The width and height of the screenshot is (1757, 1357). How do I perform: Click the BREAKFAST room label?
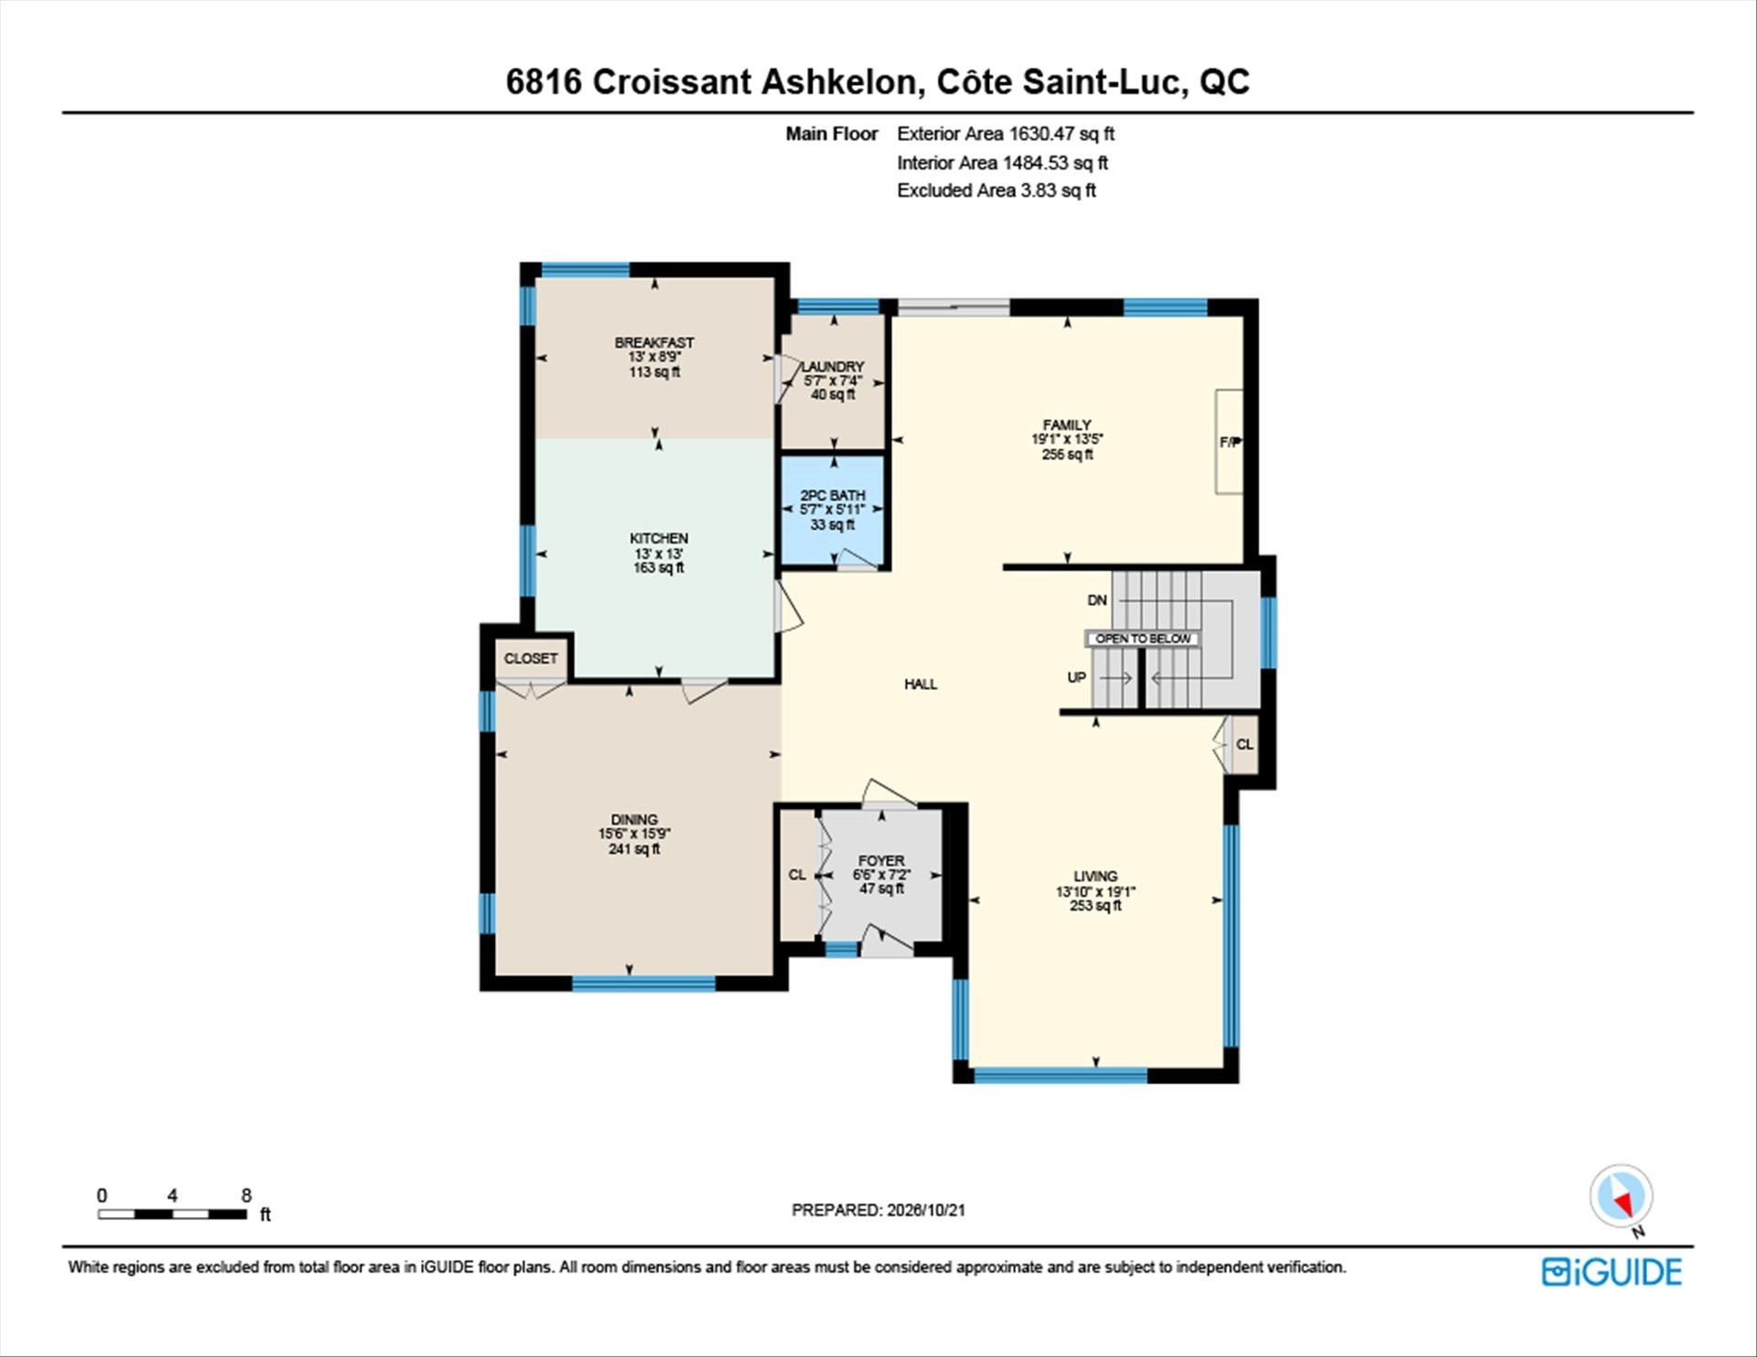tap(654, 343)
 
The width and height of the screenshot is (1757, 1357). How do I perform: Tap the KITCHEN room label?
tap(659, 539)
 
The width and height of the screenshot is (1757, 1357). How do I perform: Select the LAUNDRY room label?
tap(834, 367)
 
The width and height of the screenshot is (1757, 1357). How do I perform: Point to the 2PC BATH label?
tap(833, 496)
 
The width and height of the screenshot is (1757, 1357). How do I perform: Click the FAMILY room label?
tap(1067, 425)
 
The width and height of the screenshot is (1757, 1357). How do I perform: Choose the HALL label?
tap(921, 684)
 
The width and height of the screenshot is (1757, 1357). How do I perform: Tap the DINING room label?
tap(634, 820)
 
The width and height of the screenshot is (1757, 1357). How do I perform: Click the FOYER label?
tap(881, 861)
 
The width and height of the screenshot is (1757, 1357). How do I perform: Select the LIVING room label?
tap(1095, 877)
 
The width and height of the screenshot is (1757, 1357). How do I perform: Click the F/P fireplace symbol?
tap(1229, 442)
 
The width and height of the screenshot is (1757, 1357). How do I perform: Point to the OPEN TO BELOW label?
tap(1143, 639)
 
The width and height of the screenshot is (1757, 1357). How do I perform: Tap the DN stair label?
tap(1097, 600)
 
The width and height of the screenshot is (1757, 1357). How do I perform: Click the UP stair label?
tap(1077, 678)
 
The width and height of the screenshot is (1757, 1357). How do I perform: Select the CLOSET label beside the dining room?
tap(531, 659)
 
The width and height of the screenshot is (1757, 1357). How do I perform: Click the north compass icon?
tap(1622, 1196)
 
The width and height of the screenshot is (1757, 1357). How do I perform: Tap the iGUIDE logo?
tap(1611, 1273)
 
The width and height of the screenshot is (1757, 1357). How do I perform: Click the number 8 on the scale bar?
tap(246, 1195)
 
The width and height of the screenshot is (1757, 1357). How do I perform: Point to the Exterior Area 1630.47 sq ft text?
tap(1006, 134)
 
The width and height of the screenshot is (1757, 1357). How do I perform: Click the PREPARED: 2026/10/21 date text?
tap(878, 1210)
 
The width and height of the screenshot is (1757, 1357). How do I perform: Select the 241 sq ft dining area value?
tap(634, 849)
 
